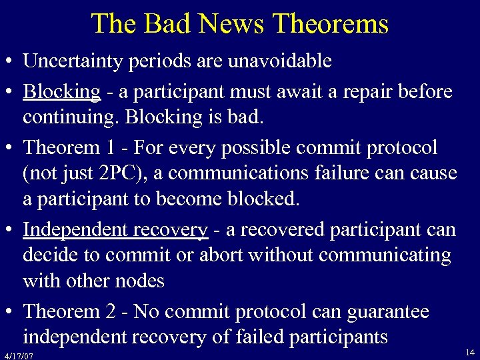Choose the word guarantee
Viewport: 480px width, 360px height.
[387, 311]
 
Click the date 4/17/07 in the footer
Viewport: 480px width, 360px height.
[18, 355]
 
